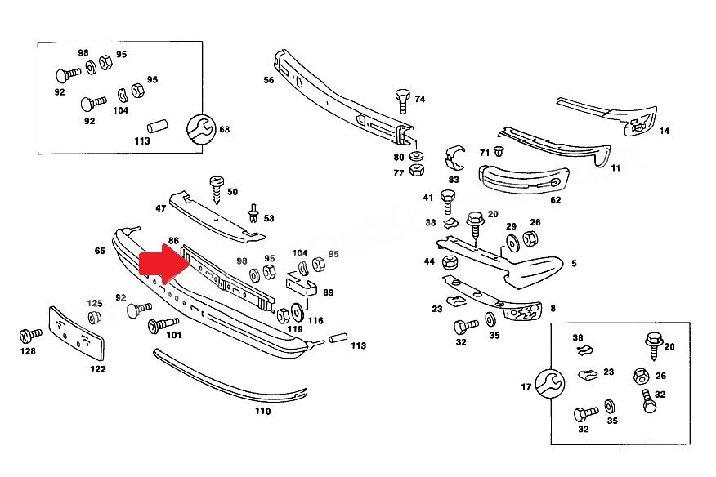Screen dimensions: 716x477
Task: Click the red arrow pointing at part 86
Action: point(164,265)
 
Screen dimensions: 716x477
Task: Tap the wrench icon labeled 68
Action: point(201,129)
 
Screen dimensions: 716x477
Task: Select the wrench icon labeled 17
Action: point(550,383)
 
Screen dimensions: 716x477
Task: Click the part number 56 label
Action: point(269,80)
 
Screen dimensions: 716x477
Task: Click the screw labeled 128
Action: point(30,336)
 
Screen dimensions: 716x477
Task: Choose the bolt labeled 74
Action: point(402,101)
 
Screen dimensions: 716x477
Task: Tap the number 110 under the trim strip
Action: point(262,412)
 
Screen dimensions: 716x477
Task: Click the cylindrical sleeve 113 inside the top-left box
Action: point(158,126)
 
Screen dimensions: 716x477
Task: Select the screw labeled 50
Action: point(217,189)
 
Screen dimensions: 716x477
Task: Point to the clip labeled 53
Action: point(254,214)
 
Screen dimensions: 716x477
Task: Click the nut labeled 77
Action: point(417,170)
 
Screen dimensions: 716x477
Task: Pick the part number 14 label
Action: point(665,131)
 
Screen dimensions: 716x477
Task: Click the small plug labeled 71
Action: point(499,150)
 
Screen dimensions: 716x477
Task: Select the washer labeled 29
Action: point(512,243)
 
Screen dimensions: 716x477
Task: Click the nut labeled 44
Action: point(450,262)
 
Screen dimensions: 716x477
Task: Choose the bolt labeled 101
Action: point(163,324)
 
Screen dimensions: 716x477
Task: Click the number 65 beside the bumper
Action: point(100,251)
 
